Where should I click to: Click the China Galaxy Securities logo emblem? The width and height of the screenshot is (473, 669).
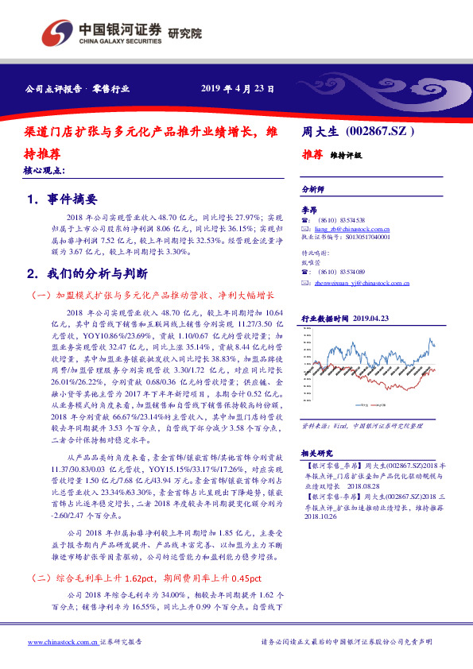[x=56, y=33]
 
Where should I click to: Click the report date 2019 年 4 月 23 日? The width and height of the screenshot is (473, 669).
[x=238, y=88]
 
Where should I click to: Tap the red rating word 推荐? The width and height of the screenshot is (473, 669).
[x=312, y=156]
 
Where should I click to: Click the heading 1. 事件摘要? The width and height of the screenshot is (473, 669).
[x=63, y=199]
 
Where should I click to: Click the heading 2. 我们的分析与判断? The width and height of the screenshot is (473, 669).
[x=87, y=274]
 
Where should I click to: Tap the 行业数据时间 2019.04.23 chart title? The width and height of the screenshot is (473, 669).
[x=345, y=318]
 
